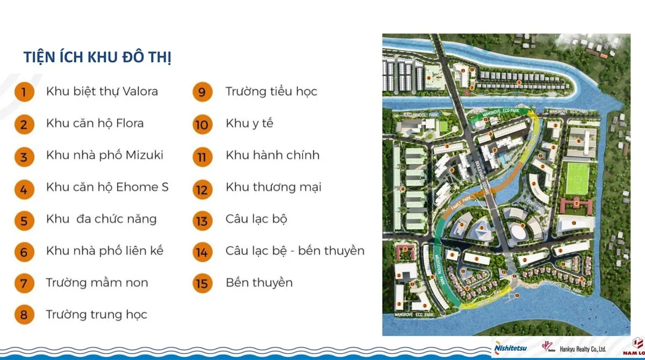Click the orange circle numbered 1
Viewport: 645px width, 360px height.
point(23,92)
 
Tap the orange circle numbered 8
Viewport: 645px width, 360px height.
point(23,315)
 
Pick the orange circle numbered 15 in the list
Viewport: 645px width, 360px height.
point(202,283)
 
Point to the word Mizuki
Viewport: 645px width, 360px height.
point(145,155)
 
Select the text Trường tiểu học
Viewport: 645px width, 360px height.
point(271,91)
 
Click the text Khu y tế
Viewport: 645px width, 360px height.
point(249,124)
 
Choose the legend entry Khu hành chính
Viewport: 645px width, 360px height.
point(273,155)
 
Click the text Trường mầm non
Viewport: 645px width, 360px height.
point(97,283)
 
